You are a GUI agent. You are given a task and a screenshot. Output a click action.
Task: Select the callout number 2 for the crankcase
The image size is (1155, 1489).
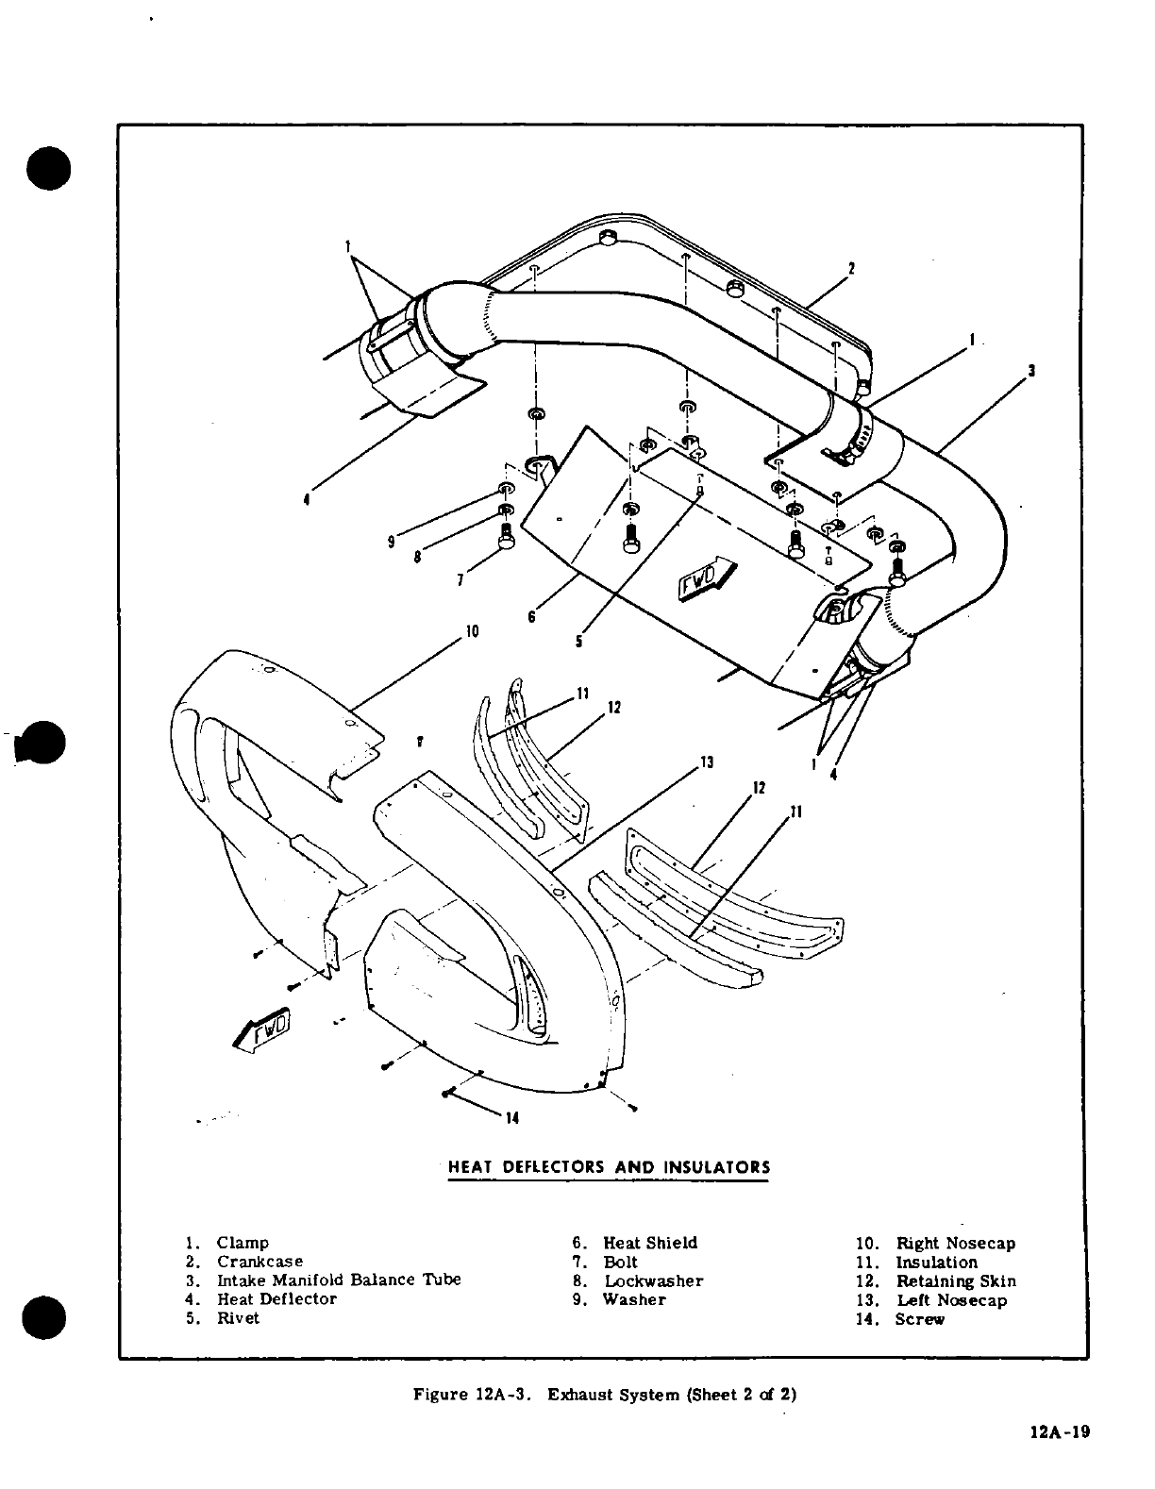(850, 268)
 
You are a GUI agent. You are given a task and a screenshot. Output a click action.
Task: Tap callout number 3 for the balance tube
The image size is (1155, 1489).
(1032, 371)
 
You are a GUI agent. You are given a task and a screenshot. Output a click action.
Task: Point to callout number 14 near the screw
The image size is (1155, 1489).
(512, 1118)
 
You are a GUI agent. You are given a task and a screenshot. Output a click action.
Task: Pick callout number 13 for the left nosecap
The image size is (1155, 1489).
(706, 762)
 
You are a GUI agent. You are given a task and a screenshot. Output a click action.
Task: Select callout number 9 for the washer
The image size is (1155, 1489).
(391, 542)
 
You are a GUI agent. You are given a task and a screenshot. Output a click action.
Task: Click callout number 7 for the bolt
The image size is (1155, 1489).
(460, 580)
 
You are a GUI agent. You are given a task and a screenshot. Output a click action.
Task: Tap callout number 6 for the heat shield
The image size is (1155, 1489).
(532, 616)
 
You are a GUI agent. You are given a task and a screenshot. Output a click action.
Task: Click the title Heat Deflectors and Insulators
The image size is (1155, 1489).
(609, 1167)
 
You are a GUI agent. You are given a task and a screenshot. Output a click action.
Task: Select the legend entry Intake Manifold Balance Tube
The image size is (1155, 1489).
(339, 1280)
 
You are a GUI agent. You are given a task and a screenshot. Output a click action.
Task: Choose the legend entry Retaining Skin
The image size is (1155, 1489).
(955, 1281)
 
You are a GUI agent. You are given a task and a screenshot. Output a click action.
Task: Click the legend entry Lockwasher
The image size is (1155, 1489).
(653, 1281)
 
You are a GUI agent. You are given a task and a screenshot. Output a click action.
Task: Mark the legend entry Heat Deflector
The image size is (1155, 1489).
(276, 1299)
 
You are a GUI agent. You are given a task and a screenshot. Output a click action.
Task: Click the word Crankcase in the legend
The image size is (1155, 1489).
(260, 1262)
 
